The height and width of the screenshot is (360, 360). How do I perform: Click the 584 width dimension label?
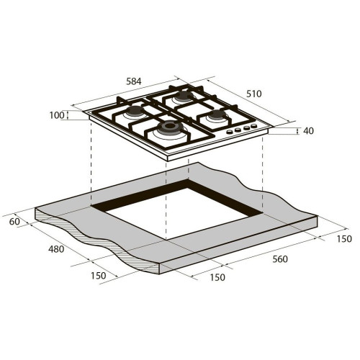tap(134, 81)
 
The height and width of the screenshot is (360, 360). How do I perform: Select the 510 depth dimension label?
tap(254, 94)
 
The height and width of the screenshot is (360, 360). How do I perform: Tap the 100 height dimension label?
tap(57, 115)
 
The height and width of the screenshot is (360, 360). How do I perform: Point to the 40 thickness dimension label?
tap(308, 131)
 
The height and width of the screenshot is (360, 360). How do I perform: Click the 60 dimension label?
tap(14, 222)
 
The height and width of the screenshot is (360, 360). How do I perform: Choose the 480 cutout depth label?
tap(56, 249)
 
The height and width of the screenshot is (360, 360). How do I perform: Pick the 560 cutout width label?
tap(280, 259)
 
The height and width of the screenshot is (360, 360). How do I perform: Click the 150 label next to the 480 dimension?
tap(99, 276)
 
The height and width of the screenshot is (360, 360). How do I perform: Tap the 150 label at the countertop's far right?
tap(344, 239)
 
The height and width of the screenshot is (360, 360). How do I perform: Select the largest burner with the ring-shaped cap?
tap(170, 127)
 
